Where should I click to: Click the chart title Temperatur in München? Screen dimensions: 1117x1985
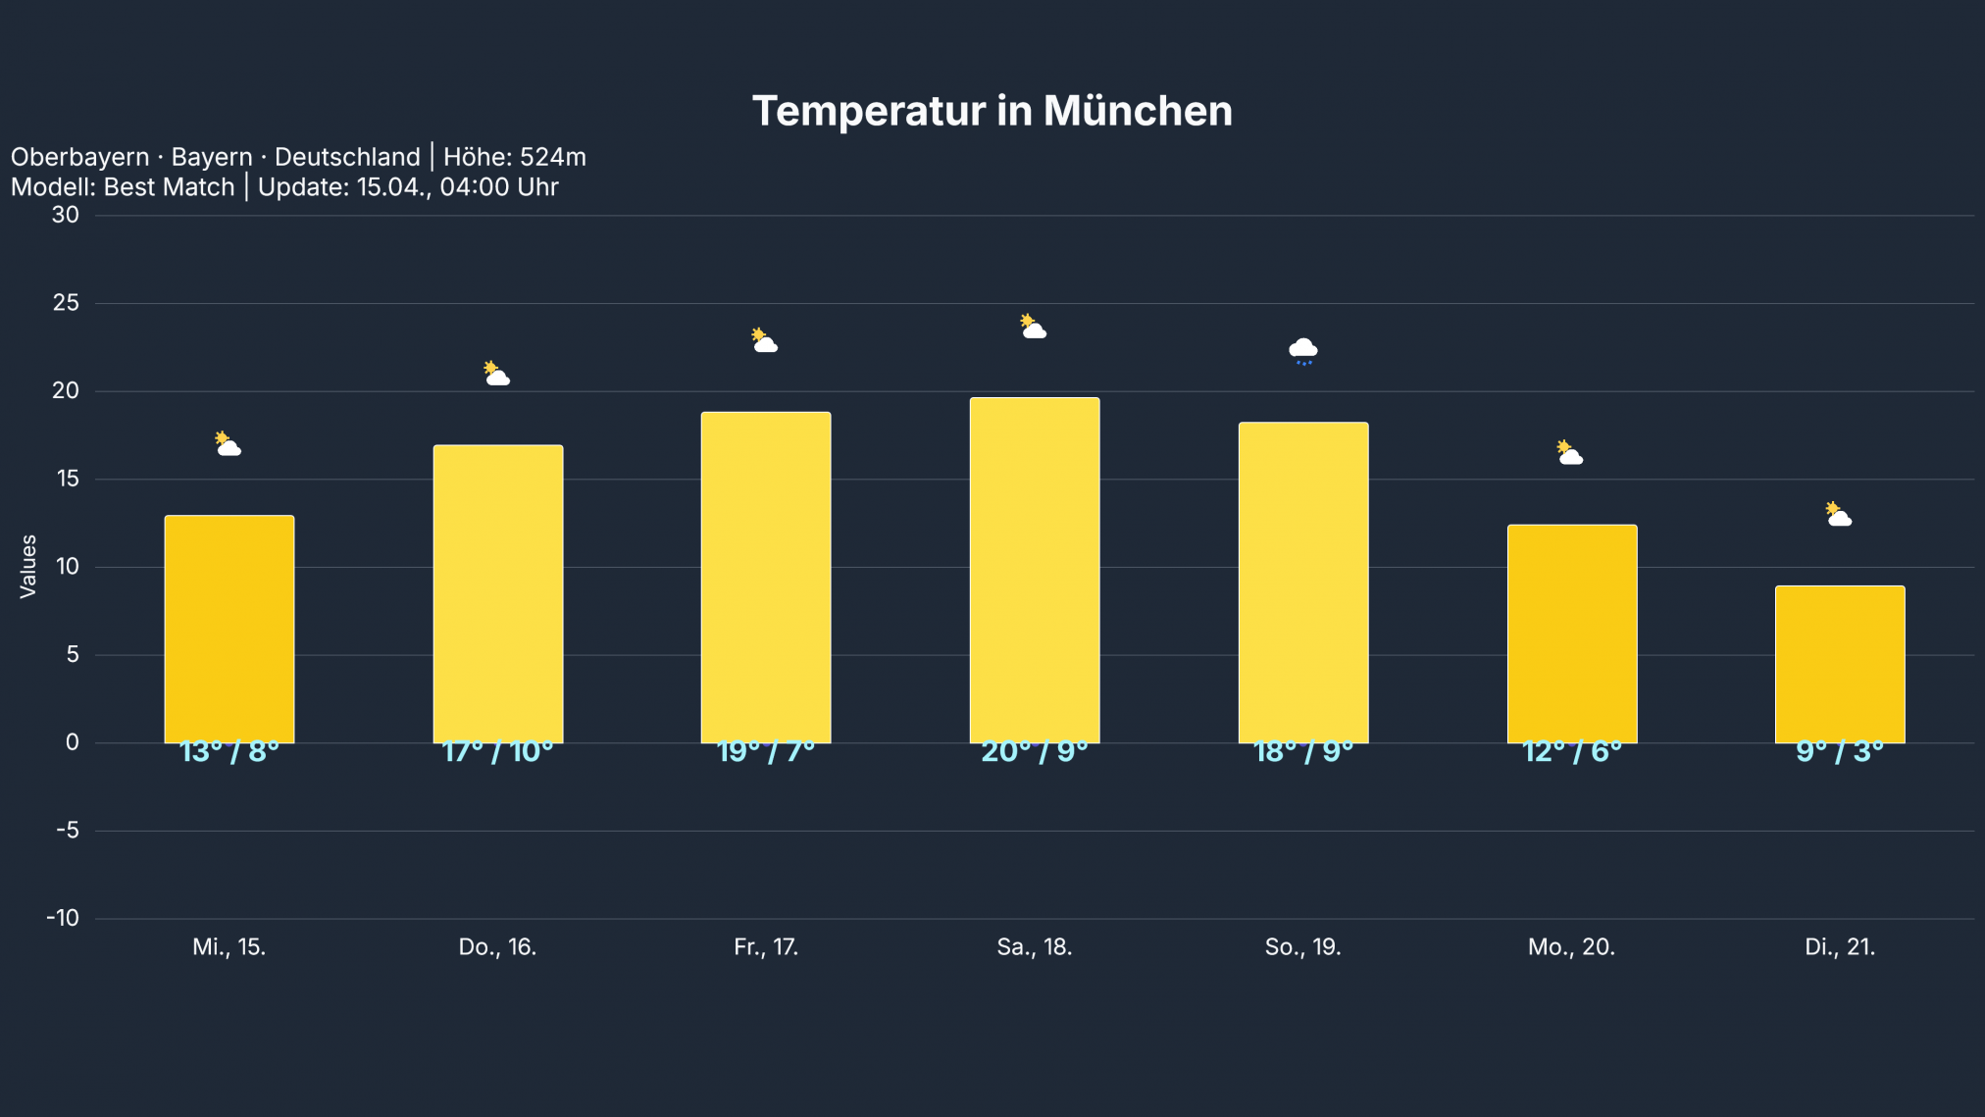tap(992, 111)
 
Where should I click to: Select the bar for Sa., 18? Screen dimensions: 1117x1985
tap(1035, 570)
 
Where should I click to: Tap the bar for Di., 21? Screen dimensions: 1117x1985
tap(1840, 664)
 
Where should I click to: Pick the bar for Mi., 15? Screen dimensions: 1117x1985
tap(229, 629)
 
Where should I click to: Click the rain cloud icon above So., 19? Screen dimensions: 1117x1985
tap(1302, 350)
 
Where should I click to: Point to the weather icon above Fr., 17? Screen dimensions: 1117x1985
tap(765, 341)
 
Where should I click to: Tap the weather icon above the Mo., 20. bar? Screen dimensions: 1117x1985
tap(1570, 453)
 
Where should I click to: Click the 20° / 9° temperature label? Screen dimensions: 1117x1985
tap(1035, 752)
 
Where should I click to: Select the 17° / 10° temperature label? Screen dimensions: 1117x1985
tap(497, 752)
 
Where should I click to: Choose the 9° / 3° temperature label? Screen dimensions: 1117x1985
tap(1840, 752)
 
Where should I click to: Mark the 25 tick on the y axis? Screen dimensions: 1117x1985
tap(67, 303)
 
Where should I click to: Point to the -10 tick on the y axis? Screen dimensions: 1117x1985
tap(63, 918)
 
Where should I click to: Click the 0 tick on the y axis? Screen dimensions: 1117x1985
tap(73, 742)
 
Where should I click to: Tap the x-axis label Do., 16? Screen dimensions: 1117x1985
tap(497, 947)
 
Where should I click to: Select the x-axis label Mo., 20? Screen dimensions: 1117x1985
tap(1571, 947)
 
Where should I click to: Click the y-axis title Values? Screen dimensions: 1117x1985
tap(28, 566)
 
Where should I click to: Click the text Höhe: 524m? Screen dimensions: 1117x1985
tap(514, 157)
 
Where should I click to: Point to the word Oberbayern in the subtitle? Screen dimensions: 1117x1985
tap(80, 157)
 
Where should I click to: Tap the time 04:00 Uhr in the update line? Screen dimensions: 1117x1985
tap(498, 187)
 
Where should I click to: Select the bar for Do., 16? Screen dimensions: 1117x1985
tap(498, 593)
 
